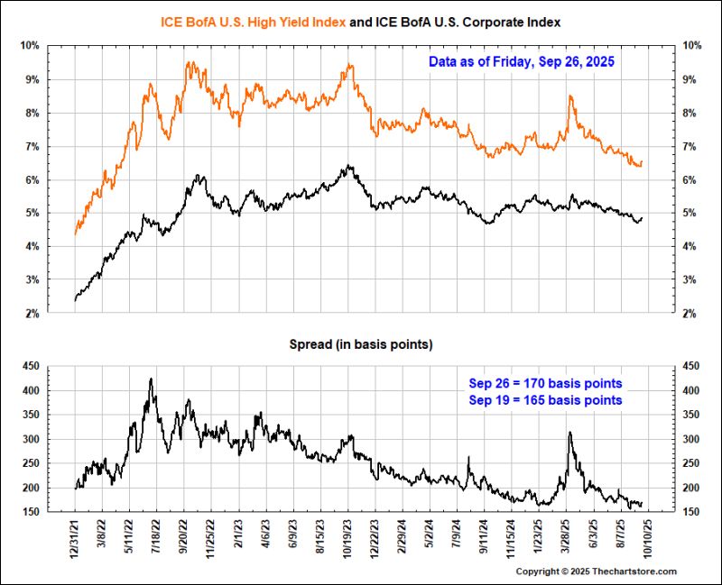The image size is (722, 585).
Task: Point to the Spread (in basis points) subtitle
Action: (360, 344)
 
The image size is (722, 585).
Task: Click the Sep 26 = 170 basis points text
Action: (545, 383)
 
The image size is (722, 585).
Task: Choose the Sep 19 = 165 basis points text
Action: (545, 399)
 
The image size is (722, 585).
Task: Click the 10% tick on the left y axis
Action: (30, 45)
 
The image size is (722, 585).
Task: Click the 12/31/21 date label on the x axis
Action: (76, 538)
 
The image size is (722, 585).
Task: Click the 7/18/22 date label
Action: (156, 538)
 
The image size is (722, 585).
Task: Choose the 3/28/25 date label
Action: (569, 538)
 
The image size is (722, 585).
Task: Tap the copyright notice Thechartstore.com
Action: (597, 571)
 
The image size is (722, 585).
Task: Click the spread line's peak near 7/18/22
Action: (151, 379)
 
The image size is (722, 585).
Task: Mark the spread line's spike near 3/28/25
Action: (569, 433)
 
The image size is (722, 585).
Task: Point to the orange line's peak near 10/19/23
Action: (349, 64)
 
